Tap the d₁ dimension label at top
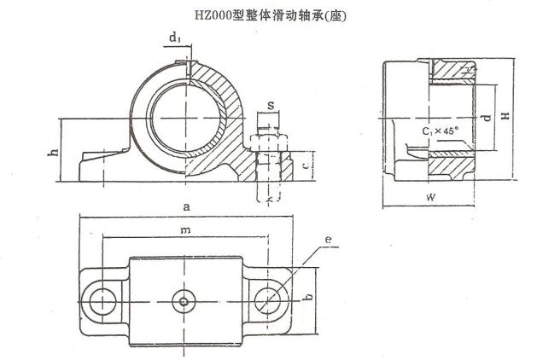point(174,38)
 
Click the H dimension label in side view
point(505,112)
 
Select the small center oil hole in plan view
point(184,300)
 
